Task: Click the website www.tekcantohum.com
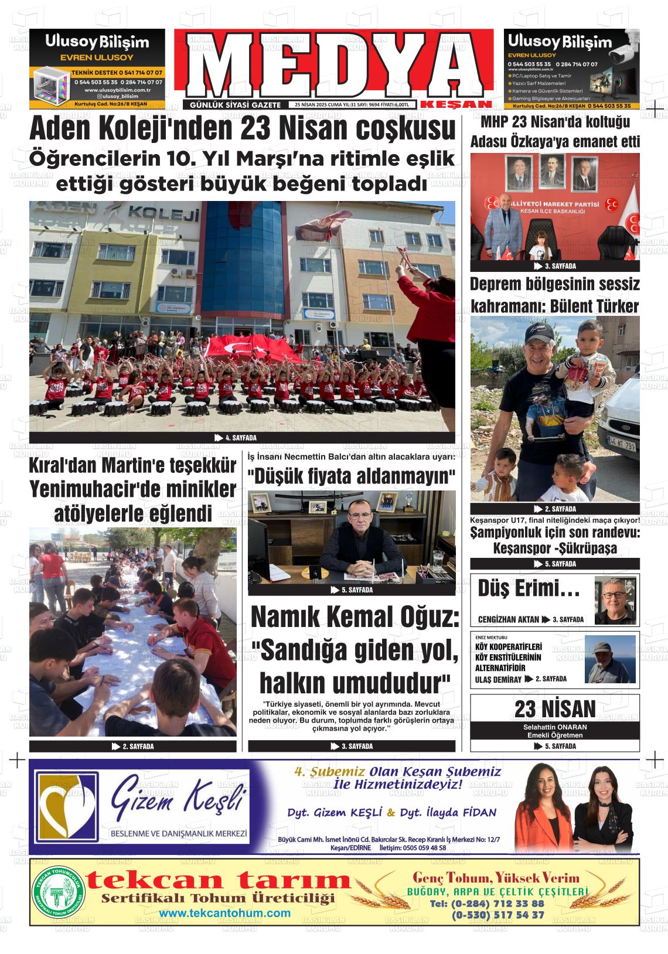224,913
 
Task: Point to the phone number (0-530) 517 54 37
497,915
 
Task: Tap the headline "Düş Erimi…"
529,589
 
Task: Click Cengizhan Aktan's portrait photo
615,601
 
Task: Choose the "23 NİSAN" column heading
554,708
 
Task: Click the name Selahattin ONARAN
554,727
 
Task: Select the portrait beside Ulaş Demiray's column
609,659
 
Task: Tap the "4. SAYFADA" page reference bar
241,438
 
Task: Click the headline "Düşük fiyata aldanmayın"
352,476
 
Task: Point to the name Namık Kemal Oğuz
355,617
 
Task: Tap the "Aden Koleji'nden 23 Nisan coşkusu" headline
242,129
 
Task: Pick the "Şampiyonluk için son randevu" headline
554,533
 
